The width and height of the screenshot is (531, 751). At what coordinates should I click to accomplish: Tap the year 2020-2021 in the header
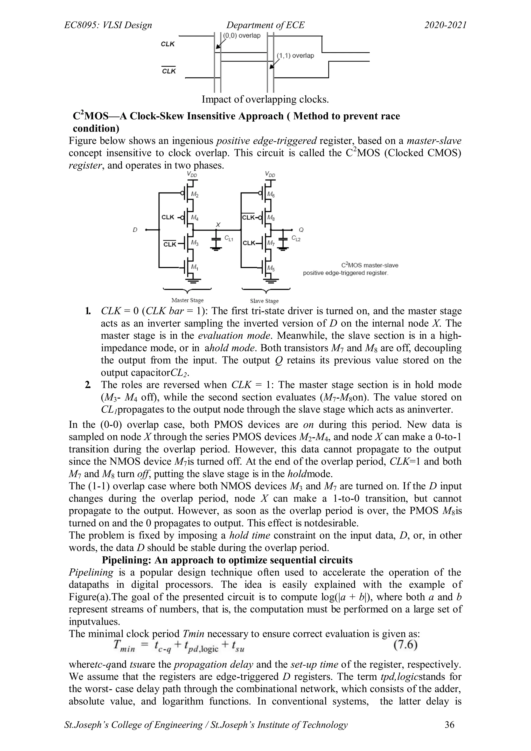[445, 25]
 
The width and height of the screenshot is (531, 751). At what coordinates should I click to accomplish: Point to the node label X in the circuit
[218, 225]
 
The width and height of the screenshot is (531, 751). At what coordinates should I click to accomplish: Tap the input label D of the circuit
[135, 230]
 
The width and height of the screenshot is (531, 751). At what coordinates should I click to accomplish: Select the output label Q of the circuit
[301, 230]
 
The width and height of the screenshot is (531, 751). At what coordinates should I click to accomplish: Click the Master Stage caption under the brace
[188, 300]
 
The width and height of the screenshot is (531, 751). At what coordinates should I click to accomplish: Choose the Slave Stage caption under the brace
[264, 301]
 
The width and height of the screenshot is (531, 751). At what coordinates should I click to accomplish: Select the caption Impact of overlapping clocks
[265, 99]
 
